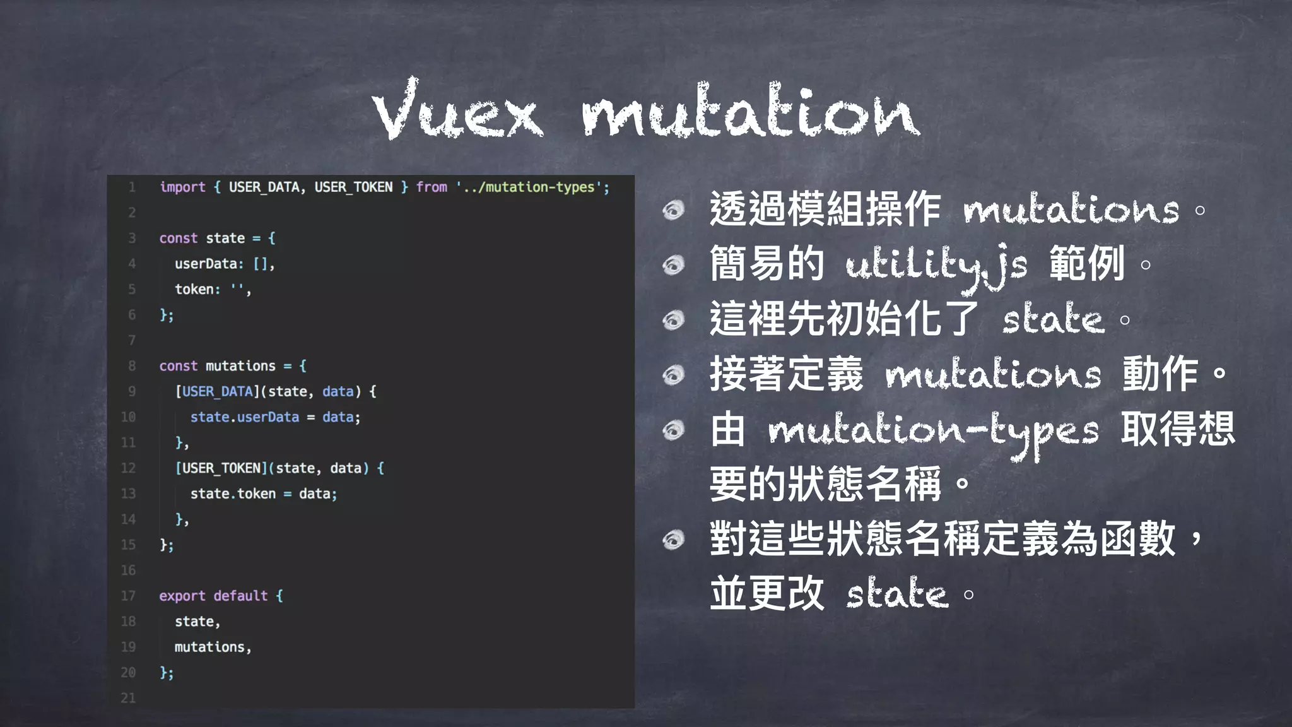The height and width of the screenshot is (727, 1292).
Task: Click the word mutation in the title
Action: [749, 112]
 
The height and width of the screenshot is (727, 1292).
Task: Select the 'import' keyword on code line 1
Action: [182, 187]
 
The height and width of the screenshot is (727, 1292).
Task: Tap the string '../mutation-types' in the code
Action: [532, 187]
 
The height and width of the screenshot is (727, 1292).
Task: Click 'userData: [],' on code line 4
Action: [225, 264]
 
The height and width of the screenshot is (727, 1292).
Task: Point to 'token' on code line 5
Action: [194, 289]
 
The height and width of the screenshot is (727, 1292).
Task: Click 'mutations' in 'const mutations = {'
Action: [240, 366]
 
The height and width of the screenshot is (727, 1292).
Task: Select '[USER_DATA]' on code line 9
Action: [218, 391]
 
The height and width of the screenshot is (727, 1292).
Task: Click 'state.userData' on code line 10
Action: [244, 417]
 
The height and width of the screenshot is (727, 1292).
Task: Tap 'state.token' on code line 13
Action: [233, 494]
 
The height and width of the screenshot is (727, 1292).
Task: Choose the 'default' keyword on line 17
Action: [240, 596]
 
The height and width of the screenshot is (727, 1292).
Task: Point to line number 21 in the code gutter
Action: [128, 698]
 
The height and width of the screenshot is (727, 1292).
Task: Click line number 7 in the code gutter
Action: [132, 340]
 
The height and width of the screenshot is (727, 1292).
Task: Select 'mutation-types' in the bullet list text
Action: [934, 432]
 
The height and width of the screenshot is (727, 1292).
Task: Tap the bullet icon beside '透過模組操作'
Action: [674, 210]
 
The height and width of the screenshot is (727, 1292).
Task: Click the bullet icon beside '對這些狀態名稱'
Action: [674, 540]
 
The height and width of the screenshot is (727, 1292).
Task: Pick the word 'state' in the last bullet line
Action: [897, 594]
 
